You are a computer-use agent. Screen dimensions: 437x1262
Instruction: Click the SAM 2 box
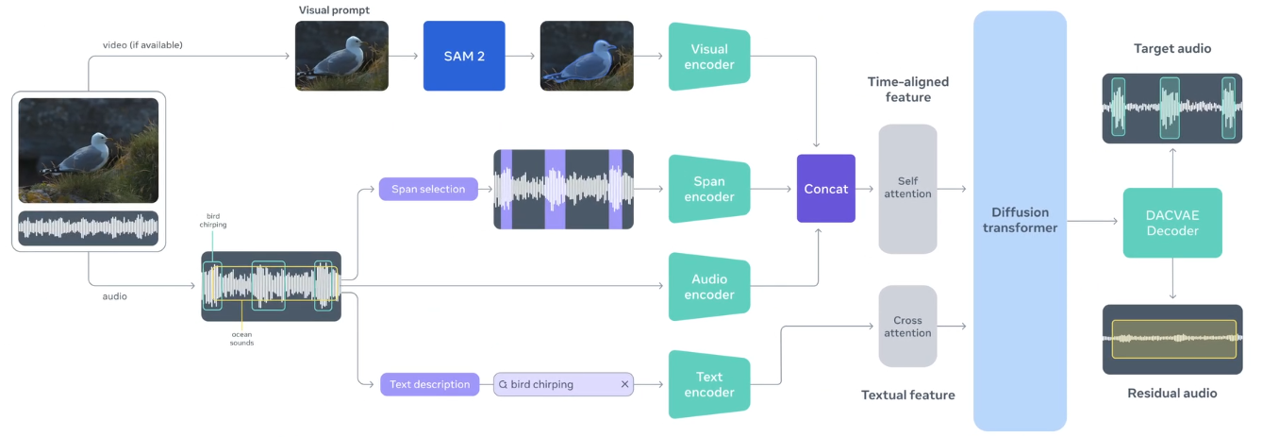click(464, 56)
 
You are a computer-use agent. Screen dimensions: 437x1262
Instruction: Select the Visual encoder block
click(709, 57)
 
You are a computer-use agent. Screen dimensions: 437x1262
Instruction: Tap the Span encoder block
click(709, 189)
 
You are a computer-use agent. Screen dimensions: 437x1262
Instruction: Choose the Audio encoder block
click(709, 287)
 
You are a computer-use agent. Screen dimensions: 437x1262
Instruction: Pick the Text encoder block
click(709, 384)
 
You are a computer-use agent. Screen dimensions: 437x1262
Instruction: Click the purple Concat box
click(825, 189)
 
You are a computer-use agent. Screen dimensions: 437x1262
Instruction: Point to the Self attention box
click(907, 189)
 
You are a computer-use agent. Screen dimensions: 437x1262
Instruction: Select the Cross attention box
click(907, 326)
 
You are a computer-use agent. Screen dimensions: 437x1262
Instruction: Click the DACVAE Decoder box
click(1172, 222)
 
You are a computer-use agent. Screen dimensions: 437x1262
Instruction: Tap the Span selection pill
click(428, 189)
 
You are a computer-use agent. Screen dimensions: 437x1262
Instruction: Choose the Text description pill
click(429, 384)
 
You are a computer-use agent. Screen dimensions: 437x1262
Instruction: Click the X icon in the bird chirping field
click(624, 384)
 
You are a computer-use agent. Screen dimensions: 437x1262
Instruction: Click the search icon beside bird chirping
click(503, 385)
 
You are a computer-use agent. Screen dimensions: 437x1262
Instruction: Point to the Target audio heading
click(1172, 49)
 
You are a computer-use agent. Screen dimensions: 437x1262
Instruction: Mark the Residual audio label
click(1172, 393)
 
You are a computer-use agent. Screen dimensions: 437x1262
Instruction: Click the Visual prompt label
click(334, 9)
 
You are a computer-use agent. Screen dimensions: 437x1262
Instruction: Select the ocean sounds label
click(241, 338)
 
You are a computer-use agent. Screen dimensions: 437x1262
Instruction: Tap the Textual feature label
click(908, 395)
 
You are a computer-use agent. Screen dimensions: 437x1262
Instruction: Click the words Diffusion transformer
click(1020, 220)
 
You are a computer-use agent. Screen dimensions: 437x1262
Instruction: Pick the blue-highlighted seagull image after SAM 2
click(587, 56)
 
